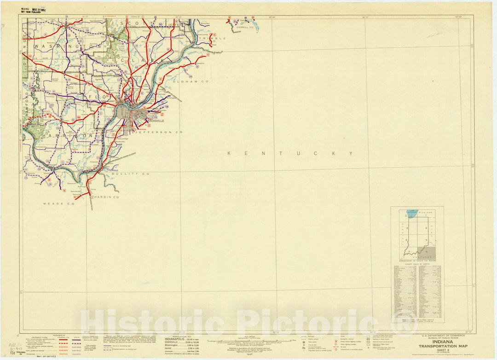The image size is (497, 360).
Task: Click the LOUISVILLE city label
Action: tap(156, 121)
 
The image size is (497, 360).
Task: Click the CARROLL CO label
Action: tap(245, 28)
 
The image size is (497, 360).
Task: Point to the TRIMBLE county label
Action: tap(214, 38)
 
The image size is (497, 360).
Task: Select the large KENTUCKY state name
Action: tap(290, 153)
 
